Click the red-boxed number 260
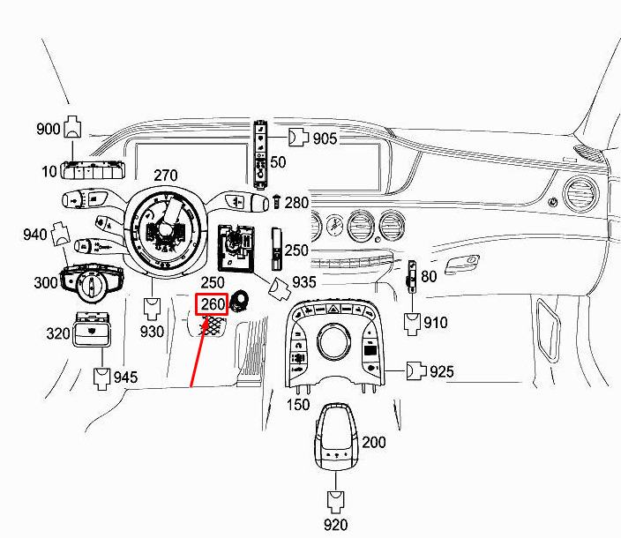pyautogui.click(x=212, y=304)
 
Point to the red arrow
pyautogui.click(x=200, y=353)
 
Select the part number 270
pyautogui.click(x=167, y=175)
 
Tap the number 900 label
pyautogui.click(x=49, y=129)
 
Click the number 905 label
pyautogui.click(x=325, y=138)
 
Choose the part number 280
pyautogui.click(x=297, y=203)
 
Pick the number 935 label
pyautogui.click(x=304, y=283)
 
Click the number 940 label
pyautogui.click(x=34, y=235)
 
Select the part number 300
pyautogui.click(x=45, y=282)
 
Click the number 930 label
pyautogui.click(x=152, y=332)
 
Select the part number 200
pyautogui.click(x=374, y=442)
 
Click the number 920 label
pyautogui.click(x=335, y=526)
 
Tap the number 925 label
pyautogui.click(x=441, y=372)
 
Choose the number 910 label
pyautogui.click(x=436, y=324)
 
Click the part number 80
pyautogui.click(x=429, y=276)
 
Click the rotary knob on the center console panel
pyautogui.click(x=335, y=341)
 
